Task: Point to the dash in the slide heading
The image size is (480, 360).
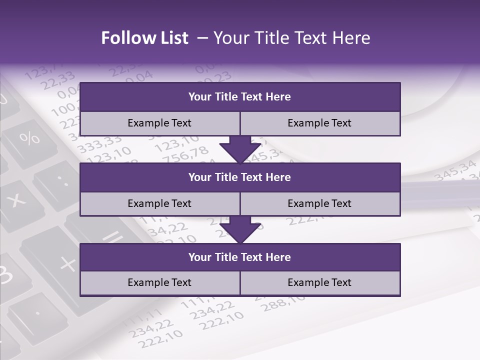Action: tap(202, 38)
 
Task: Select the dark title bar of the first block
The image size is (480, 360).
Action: tap(240, 97)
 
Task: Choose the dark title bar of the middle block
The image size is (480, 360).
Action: tap(240, 177)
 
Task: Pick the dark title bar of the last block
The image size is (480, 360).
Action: tap(240, 257)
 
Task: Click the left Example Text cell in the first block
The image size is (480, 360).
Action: tap(159, 123)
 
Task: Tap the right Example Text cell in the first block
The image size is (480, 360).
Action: tap(320, 123)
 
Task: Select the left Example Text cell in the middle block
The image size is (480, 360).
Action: tap(159, 203)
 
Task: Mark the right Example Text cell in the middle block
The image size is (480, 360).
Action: tap(320, 203)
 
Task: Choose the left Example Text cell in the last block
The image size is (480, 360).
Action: tap(159, 282)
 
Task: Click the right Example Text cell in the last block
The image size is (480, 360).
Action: tap(320, 282)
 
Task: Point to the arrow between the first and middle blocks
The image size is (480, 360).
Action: tap(240, 149)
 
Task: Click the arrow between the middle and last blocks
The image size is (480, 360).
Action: tap(240, 229)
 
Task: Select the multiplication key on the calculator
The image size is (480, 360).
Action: tap(17, 200)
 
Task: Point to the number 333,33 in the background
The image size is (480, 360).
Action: tap(100, 145)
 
